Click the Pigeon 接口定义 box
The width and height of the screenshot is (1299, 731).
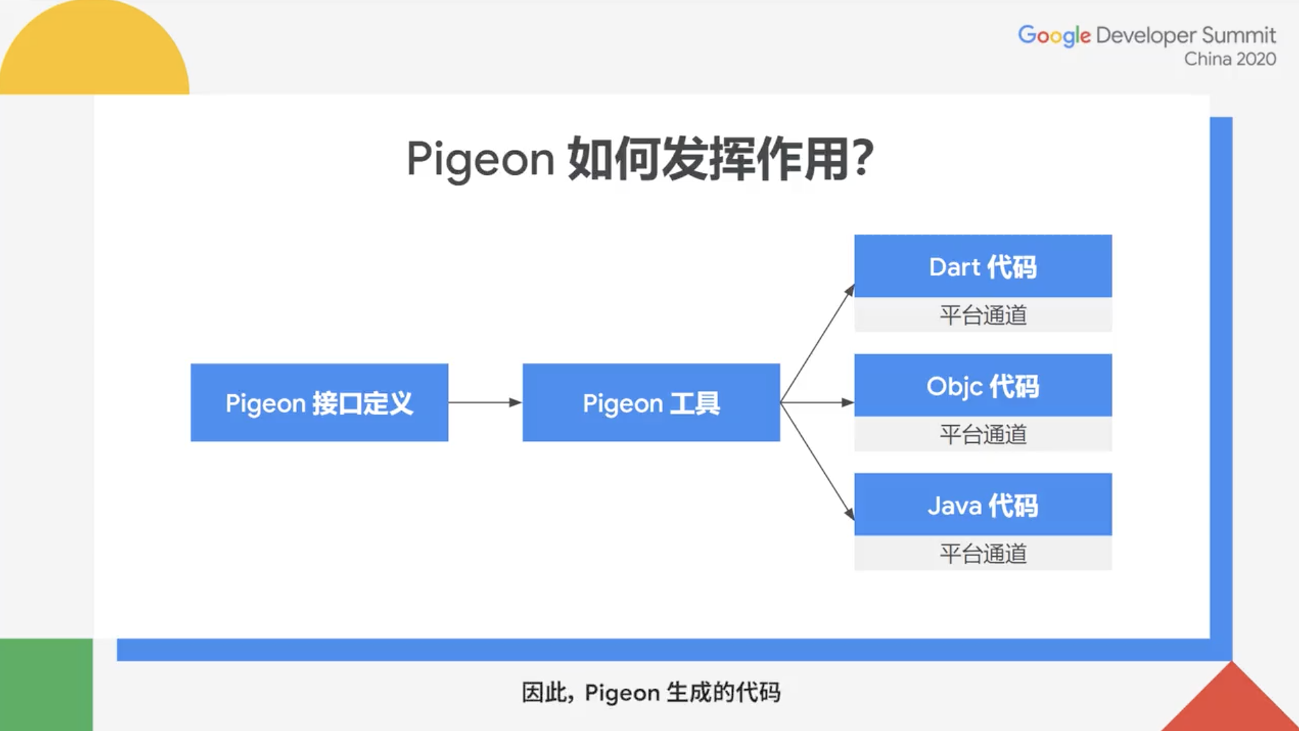click(319, 402)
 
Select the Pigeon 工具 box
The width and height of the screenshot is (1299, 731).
click(651, 402)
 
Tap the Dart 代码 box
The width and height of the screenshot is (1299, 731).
click(983, 266)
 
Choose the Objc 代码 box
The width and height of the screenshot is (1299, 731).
click(983, 386)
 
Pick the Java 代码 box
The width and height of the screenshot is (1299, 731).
click(983, 504)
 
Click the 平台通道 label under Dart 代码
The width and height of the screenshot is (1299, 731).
click(983, 315)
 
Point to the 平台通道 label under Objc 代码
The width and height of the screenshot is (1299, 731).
click(983, 434)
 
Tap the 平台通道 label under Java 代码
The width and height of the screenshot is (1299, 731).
click(983, 553)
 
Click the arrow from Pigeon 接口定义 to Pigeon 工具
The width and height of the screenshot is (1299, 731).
click(485, 402)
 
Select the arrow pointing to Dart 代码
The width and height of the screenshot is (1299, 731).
click(818, 344)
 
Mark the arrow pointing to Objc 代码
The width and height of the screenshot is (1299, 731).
click(818, 402)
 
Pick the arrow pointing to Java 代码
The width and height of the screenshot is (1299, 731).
click(818, 461)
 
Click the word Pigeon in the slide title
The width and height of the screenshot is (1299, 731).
click(480, 159)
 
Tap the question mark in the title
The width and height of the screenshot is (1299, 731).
click(862, 158)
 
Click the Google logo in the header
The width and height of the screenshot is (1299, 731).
click(1053, 35)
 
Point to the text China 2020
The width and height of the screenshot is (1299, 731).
click(1230, 59)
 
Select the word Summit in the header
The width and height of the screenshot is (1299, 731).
click(1238, 35)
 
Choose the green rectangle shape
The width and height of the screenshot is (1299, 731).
click(46, 684)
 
